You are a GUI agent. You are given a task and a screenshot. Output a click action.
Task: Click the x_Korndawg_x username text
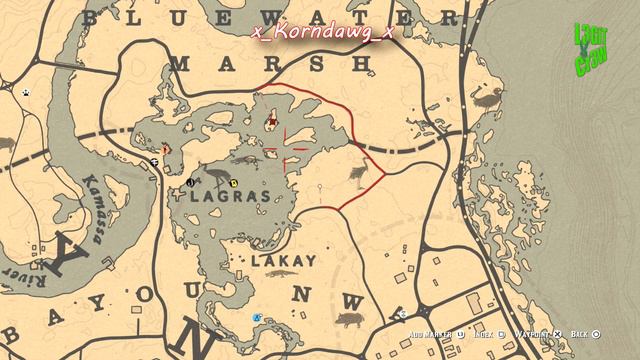324,33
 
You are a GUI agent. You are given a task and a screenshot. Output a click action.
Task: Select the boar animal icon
348,320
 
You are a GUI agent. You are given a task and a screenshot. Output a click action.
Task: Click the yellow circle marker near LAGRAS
233,184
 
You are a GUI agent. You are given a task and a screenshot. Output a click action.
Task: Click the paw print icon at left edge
25,92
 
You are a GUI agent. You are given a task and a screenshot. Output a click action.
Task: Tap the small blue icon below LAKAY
257,317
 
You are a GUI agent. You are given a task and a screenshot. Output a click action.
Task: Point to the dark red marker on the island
271,122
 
